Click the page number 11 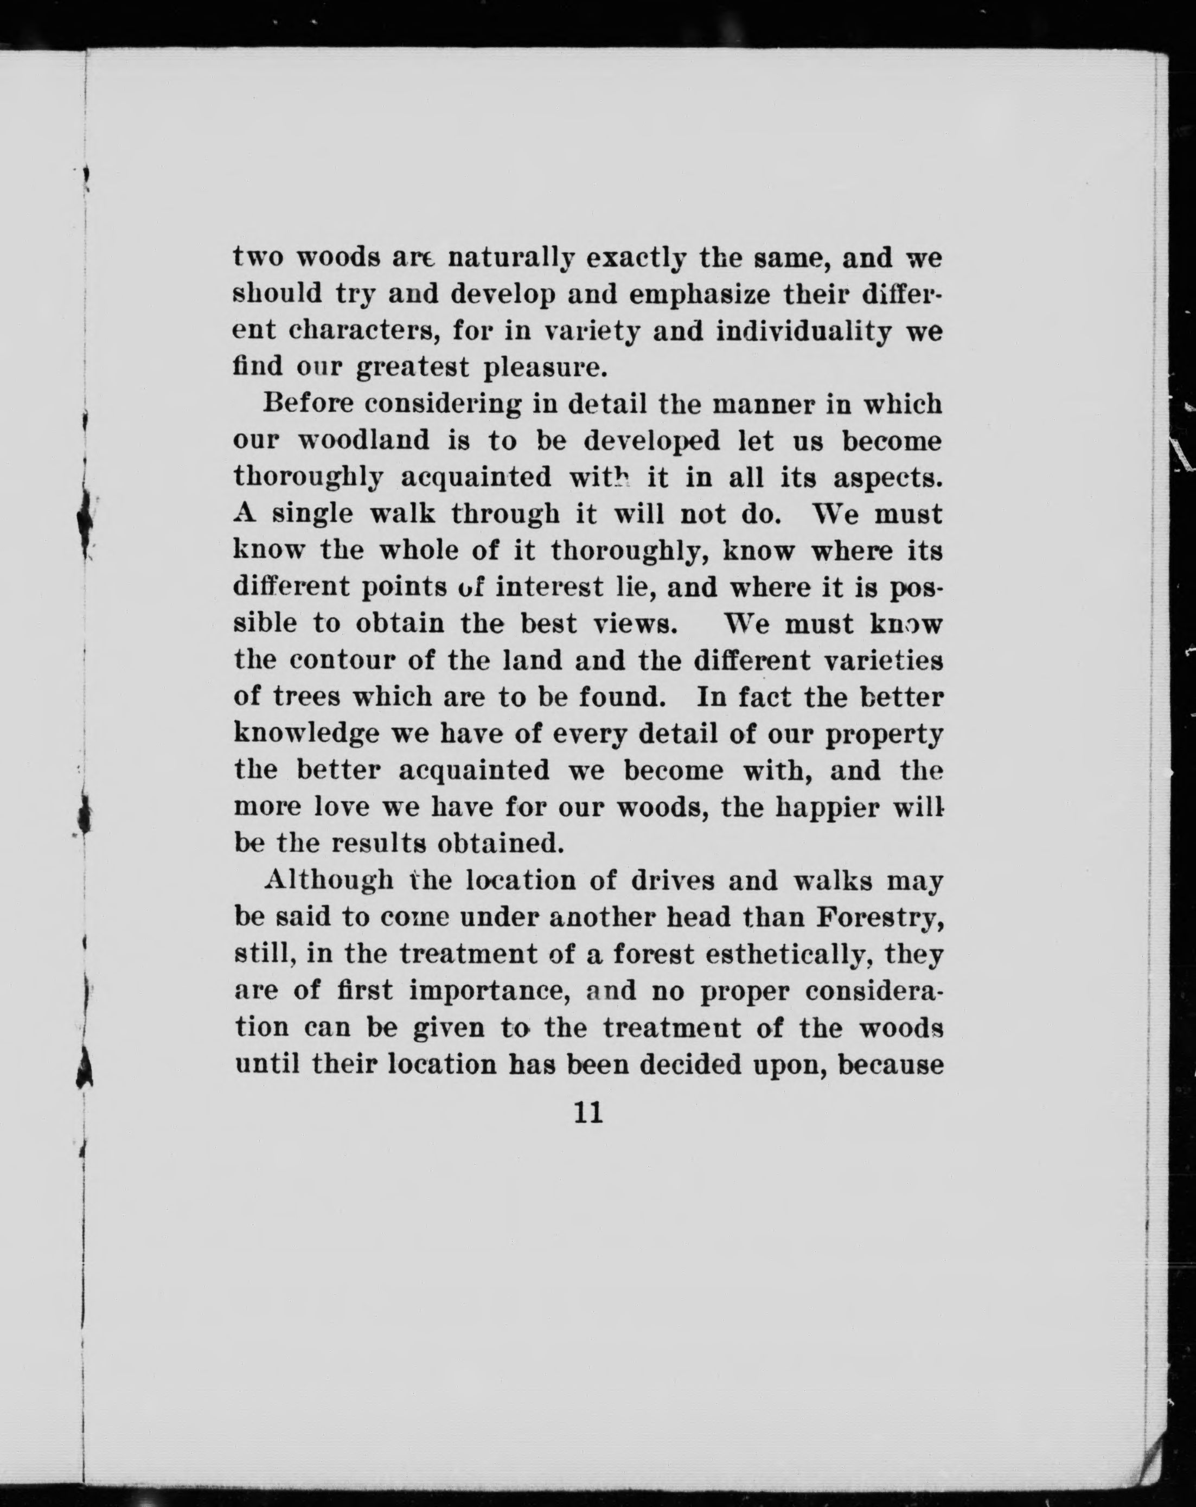click(x=588, y=1112)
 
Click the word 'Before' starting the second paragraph click(x=308, y=404)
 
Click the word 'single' click(x=312, y=514)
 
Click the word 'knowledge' click(x=306, y=733)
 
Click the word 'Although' click(x=329, y=880)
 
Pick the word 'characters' click(x=364, y=331)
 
